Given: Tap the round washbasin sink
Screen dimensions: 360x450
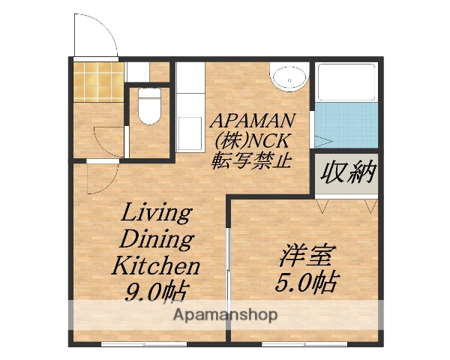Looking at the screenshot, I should pos(288,78).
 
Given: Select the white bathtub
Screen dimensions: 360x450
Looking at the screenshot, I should pos(346,82).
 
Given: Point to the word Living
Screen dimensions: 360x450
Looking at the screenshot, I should pos(156,213).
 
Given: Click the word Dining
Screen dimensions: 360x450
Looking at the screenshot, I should pos(156,239).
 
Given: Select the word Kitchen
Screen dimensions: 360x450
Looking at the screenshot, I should pos(156,265).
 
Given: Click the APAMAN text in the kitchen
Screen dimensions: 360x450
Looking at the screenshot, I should pos(252,121).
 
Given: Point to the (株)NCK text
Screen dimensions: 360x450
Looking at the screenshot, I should pos(252,140).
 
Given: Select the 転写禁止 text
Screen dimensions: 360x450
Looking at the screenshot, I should pos(252,160).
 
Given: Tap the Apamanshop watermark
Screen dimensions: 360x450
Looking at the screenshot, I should pos(225,314).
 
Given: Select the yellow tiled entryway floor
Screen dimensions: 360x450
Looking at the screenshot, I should pos(98,82).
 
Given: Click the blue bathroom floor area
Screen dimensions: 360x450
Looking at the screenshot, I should pos(346,127).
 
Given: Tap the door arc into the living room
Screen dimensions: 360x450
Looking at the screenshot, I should pos(102,178).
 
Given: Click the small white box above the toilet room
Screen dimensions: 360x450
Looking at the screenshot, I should pos(137,72).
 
